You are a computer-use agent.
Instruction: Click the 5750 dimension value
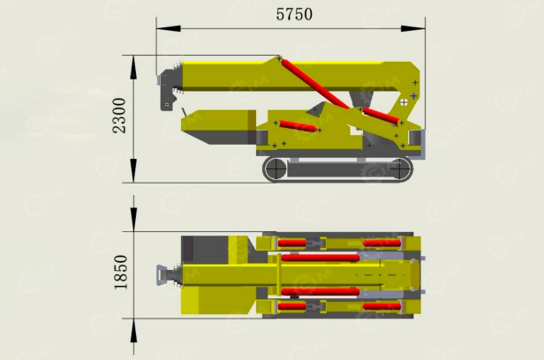tap(294, 14)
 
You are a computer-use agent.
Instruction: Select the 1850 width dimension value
tap(121, 272)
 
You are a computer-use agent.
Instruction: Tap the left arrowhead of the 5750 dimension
tap(169, 28)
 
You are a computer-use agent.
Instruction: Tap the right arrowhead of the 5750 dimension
tap(413, 28)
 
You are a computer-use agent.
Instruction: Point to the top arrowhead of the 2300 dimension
tap(133, 68)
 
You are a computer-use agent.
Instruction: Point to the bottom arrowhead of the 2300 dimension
tap(133, 170)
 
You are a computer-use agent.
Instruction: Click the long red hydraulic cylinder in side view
tap(315, 84)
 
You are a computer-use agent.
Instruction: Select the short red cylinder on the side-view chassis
tap(298, 125)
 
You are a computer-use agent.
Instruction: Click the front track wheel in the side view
tap(276, 169)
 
